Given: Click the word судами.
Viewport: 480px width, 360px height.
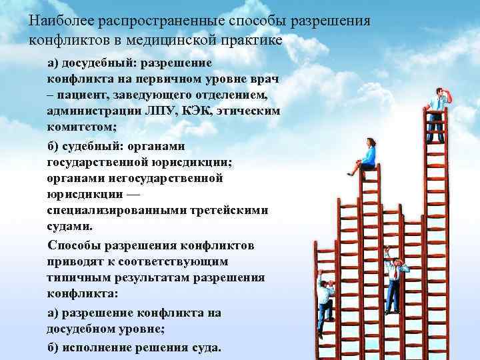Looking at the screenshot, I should (x=69, y=226).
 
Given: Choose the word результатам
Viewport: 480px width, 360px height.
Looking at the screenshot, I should (x=151, y=277).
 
